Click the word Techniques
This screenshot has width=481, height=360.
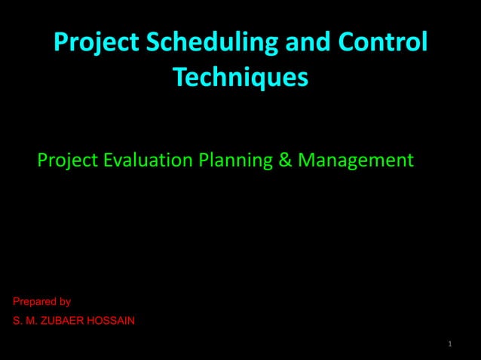point(240,77)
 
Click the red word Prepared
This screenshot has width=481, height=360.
point(33,302)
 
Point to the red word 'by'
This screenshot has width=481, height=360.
point(65,302)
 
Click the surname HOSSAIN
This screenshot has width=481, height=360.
point(112,322)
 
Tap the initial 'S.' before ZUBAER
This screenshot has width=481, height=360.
point(17,322)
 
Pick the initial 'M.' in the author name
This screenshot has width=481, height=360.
point(31,322)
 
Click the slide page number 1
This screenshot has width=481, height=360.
point(449,345)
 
